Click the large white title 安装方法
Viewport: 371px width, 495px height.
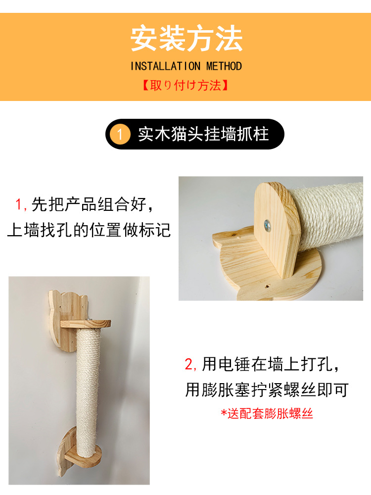[186, 39]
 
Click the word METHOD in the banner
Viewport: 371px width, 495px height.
[224, 66]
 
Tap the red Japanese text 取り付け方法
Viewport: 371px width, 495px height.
[185, 85]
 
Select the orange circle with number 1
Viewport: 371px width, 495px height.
[120, 135]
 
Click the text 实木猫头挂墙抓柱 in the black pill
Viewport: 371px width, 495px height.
[203, 135]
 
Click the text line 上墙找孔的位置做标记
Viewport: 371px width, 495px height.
[89, 230]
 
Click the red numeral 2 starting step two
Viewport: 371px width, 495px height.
[189, 365]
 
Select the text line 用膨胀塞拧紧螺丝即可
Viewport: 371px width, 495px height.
[267, 390]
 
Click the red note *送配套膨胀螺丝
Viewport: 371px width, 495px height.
[267, 413]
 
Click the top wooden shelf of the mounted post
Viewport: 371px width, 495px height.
[86, 324]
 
